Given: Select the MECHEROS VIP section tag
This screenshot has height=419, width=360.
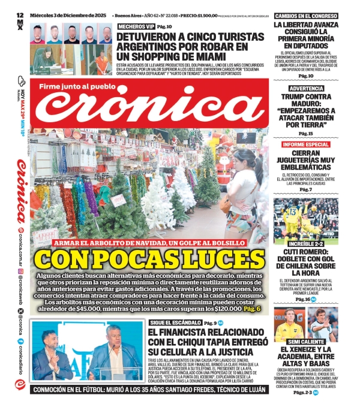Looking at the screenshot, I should click(x=136, y=27).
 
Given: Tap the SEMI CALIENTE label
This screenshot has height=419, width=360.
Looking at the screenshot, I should click(x=306, y=341).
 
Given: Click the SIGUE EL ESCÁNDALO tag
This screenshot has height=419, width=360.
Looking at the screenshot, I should click(x=175, y=323).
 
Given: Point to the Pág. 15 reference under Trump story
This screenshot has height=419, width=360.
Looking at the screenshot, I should click(x=306, y=132).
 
